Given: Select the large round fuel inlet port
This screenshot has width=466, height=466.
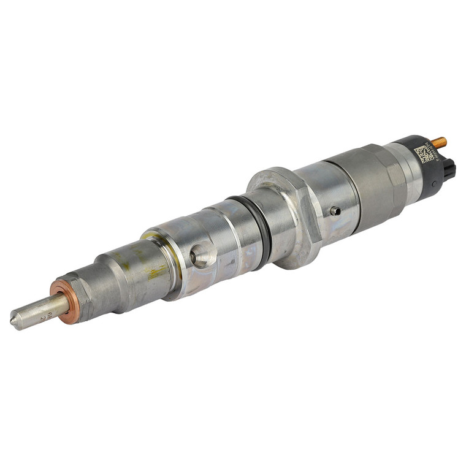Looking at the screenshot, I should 202,255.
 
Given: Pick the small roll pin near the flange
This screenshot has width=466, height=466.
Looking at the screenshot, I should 335,211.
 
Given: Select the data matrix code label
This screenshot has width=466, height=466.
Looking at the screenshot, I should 424,153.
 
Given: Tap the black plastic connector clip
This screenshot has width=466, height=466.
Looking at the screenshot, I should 450,169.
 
